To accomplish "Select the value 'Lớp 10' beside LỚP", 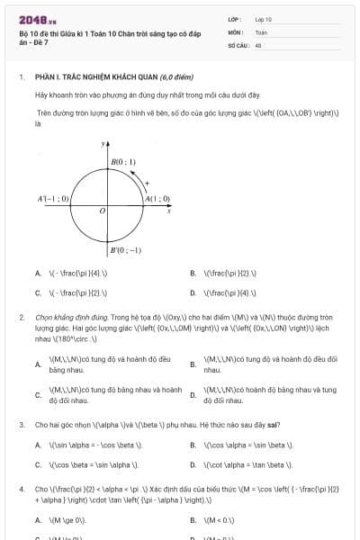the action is point(264,18).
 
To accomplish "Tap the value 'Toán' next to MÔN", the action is point(261,31).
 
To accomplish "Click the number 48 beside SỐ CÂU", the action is point(258,44).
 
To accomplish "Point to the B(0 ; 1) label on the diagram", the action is point(123,162).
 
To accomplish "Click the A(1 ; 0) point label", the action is point(157,199).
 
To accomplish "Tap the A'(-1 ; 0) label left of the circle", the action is point(53,199).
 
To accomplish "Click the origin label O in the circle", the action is point(102,211).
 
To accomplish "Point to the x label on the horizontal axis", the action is point(169,212).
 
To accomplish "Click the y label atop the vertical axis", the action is point(103,143).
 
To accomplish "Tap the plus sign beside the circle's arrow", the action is point(147,182).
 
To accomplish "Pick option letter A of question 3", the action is point(38,445).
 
